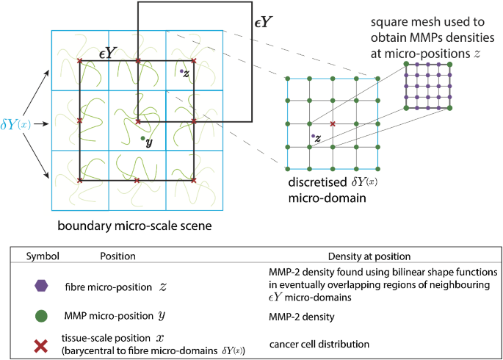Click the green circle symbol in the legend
42,316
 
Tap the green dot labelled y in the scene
142,137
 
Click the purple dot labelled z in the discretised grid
313,136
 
